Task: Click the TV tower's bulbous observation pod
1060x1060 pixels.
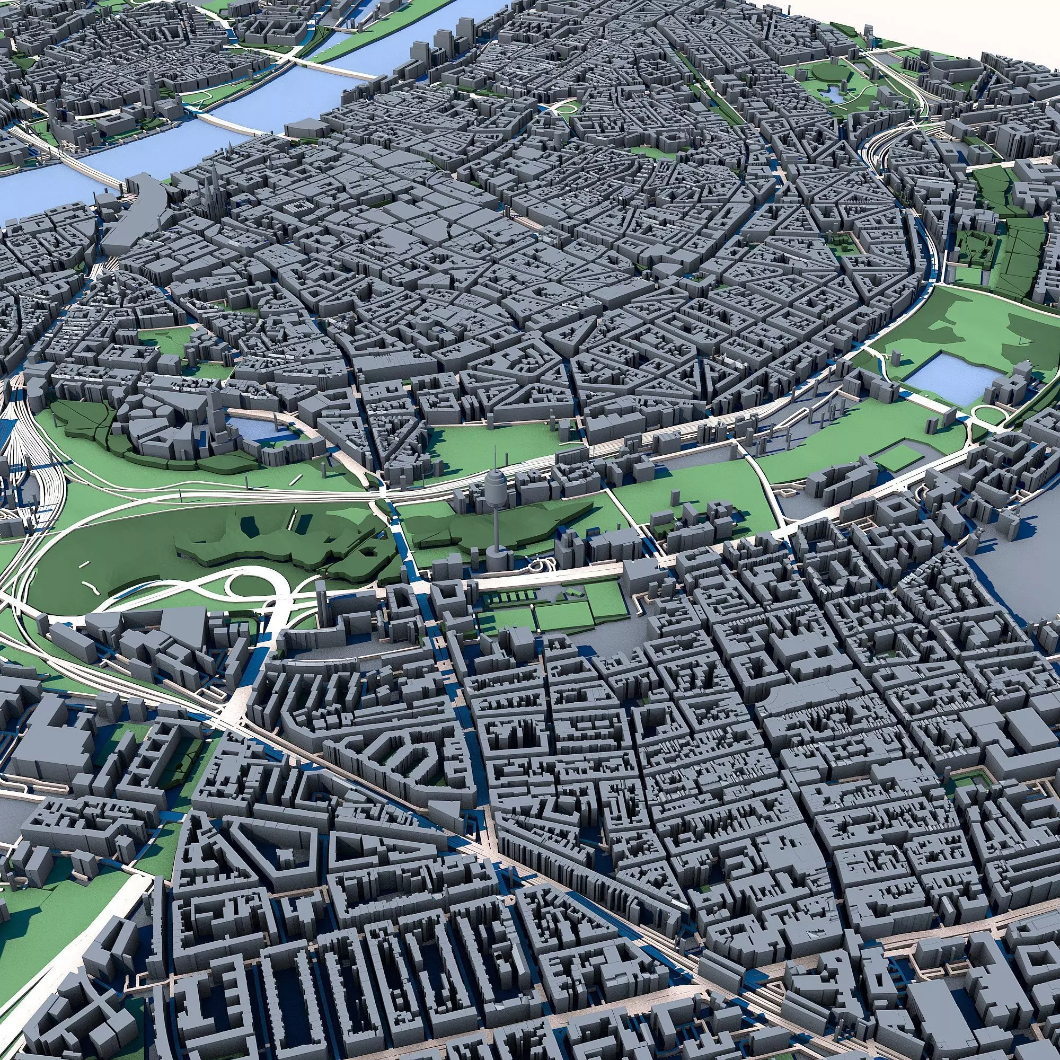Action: pos(496,485)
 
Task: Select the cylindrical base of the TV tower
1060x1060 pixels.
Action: pos(499,560)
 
